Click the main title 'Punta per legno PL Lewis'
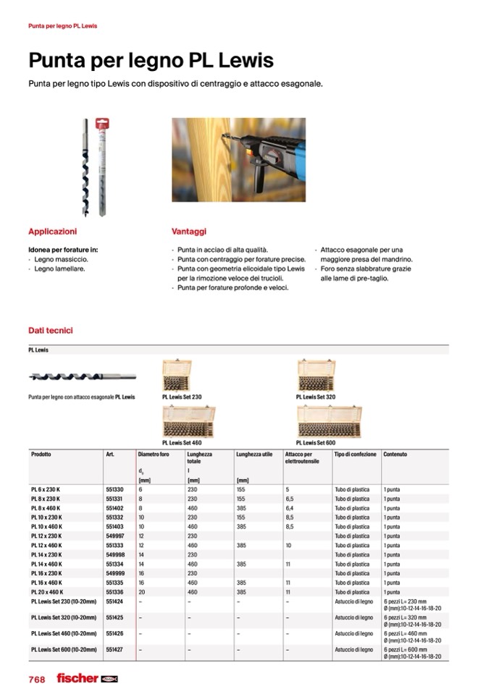pyautogui.click(x=151, y=59)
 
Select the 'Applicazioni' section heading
pyautogui.click(x=52, y=232)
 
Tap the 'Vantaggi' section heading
pyautogui.click(x=189, y=232)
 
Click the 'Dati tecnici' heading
pyautogui.click(x=50, y=331)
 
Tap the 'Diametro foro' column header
pyautogui.click(x=154, y=454)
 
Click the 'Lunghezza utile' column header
pyautogui.click(x=253, y=454)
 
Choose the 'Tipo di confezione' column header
pyautogui.click(x=355, y=454)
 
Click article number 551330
pyautogui.click(x=114, y=490)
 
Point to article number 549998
pyautogui.click(x=114, y=555)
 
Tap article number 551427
pyautogui.click(x=114, y=650)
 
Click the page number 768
pyautogui.click(x=37, y=679)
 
